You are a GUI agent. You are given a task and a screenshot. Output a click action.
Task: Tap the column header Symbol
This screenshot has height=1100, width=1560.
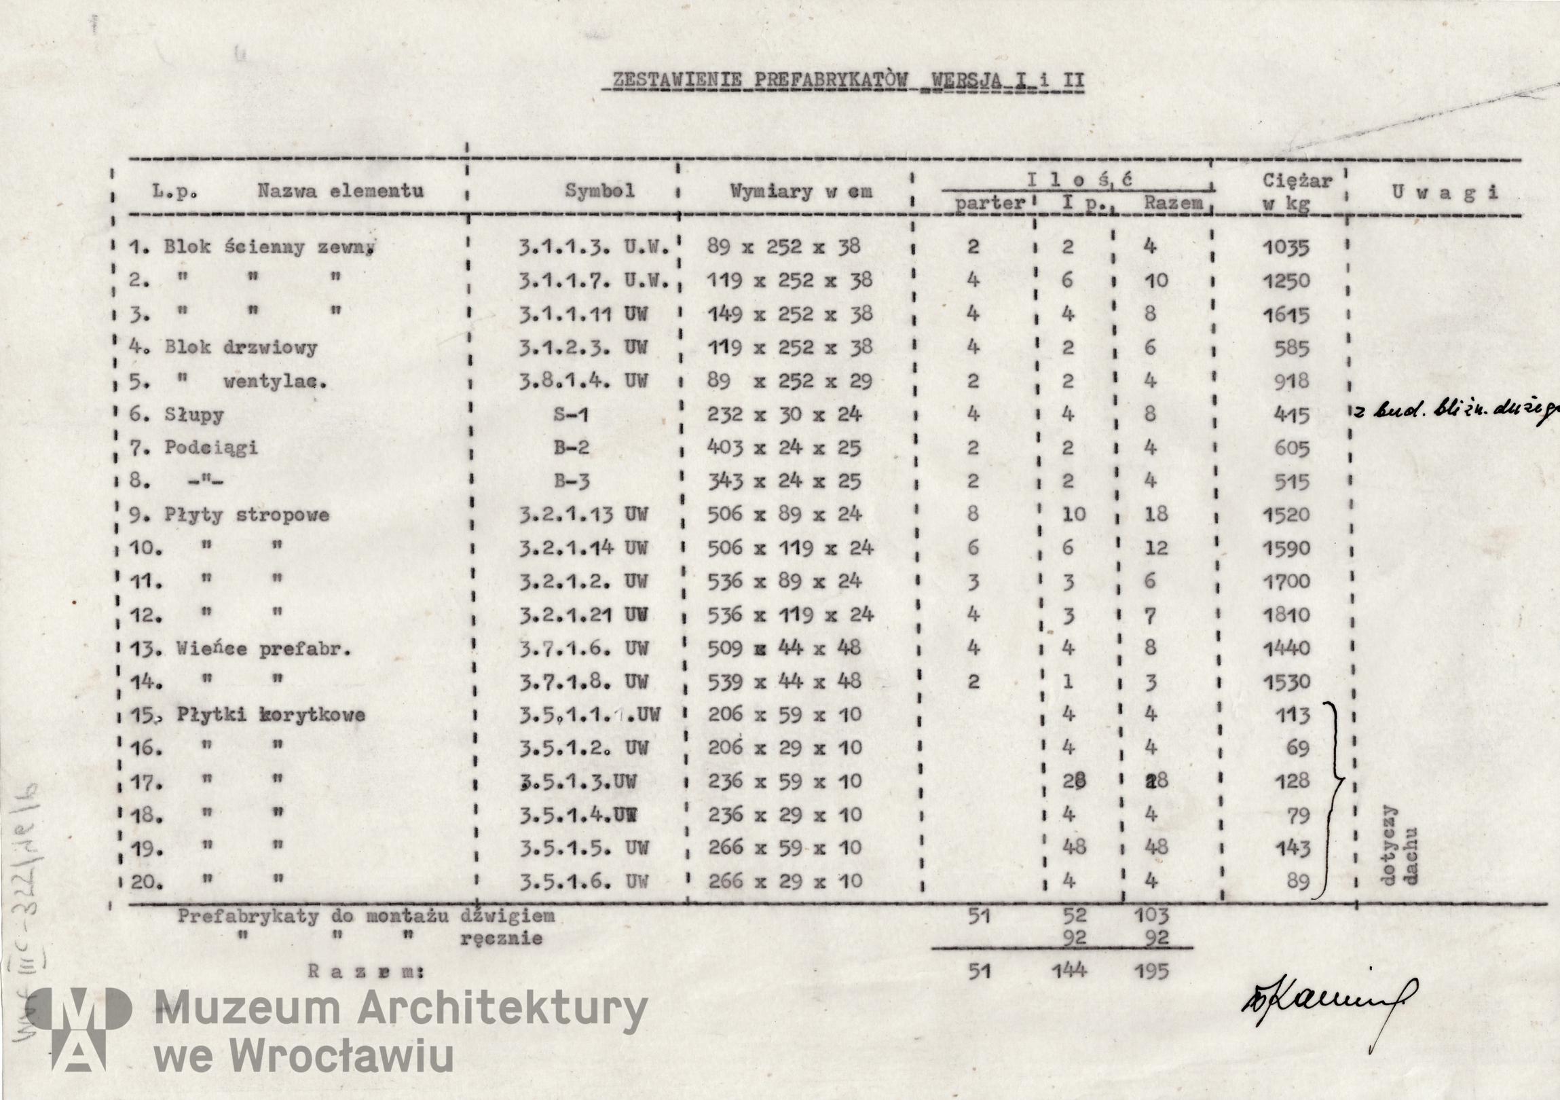coord(599,191)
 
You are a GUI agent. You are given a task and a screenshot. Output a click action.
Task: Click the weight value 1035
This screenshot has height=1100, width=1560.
coord(1286,247)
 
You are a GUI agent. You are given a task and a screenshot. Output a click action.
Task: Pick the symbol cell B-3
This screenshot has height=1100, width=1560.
coord(571,481)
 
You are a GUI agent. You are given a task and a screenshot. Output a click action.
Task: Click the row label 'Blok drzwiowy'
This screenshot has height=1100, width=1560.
coord(240,348)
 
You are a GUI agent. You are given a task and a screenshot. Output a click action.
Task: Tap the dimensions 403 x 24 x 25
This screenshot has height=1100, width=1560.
coord(784,447)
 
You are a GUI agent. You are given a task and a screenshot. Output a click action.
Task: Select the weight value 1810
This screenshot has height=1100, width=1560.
coord(1286,615)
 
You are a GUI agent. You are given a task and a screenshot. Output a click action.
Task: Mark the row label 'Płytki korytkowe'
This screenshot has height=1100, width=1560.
coord(270,715)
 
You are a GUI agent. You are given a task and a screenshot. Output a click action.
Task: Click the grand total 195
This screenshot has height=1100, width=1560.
coord(1151,972)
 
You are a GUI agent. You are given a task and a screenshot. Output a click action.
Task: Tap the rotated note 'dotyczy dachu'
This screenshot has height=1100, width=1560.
coord(1400,846)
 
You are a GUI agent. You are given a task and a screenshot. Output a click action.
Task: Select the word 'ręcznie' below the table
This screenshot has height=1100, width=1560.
coord(502,939)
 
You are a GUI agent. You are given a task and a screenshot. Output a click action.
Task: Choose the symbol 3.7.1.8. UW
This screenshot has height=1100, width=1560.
coord(583,682)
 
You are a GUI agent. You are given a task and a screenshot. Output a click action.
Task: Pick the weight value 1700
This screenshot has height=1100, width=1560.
coord(1286,582)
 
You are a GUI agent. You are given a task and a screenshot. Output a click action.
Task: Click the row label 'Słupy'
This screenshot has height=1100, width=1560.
coord(193,414)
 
